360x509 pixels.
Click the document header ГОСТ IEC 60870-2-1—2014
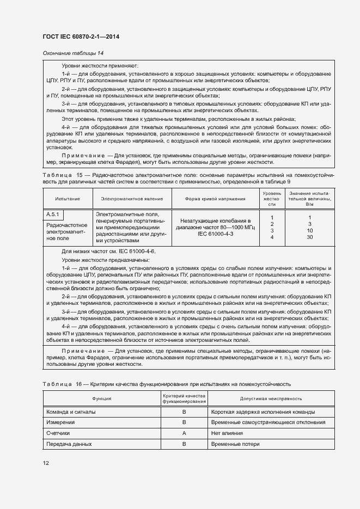coord(81,36)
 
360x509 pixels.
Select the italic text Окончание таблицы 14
coord(73,53)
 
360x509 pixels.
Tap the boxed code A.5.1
coord(54,214)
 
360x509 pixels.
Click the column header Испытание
coord(67,199)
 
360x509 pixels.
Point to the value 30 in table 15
coord(310,237)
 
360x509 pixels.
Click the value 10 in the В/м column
coord(310,231)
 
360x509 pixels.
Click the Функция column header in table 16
coord(102,398)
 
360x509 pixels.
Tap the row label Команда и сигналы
coord(72,412)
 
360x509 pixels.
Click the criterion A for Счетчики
coord(184,433)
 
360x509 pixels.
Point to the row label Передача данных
coord(70,444)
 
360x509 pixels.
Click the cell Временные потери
coord(235,444)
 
